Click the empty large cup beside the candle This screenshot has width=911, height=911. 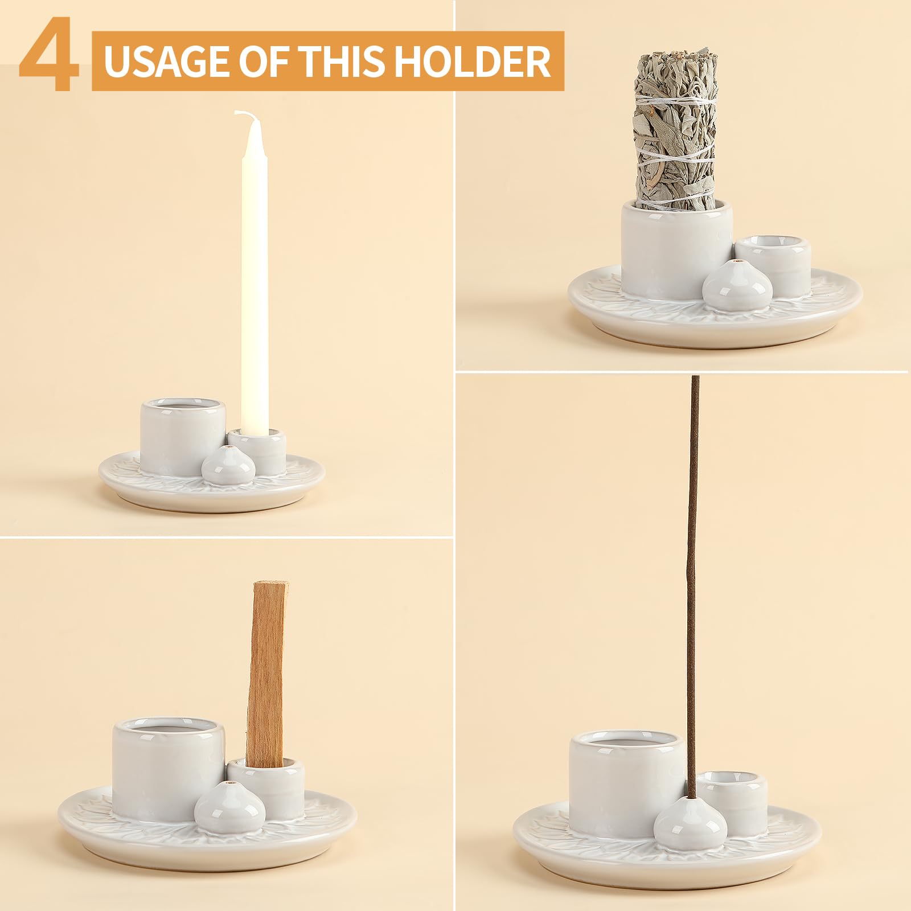pyautogui.click(x=182, y=436)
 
